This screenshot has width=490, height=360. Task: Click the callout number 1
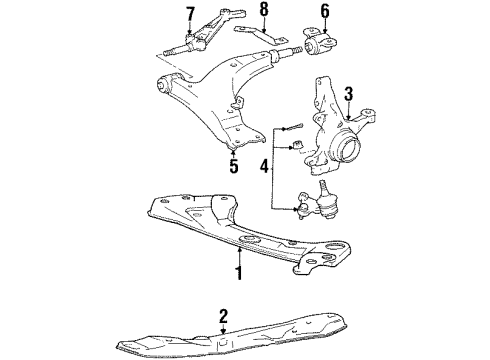(x=239, y=271)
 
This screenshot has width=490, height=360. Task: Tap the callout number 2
(x=223, y=317)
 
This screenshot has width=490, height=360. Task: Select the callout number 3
(x=349, y=94)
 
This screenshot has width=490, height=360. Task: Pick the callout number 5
(x=234, y=167)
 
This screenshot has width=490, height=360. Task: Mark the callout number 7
(x=190, y=14)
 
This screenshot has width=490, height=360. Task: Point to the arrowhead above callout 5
(x=234, y=153)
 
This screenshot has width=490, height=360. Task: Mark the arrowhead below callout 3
(x=349, y=109)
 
